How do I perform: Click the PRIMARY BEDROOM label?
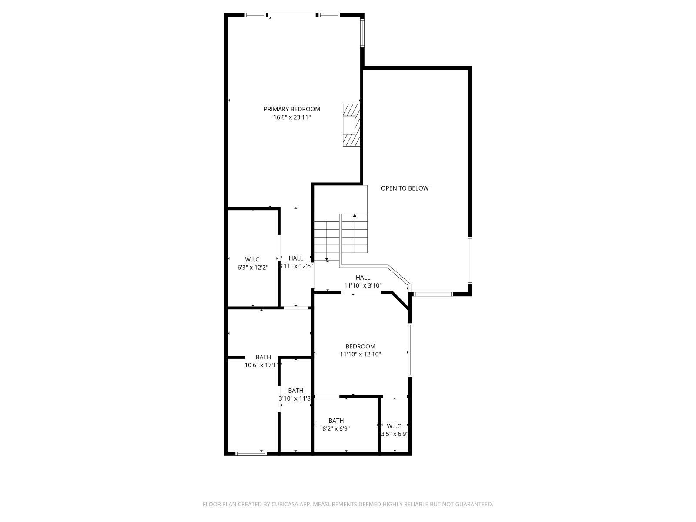(x=292, y=109)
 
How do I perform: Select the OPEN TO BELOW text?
(x=405, y=188)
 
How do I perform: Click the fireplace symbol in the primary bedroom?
(x=351, y=125)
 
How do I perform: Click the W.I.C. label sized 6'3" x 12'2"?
(x=253, y=259)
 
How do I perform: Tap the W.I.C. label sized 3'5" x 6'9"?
(x=395, y=426)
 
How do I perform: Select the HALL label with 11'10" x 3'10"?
(x=363, y=278)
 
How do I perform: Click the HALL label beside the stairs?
(x=296, y=258)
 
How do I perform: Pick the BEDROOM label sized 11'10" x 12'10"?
(x=360, y=347)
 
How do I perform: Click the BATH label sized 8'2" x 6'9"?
(x=336, y=421)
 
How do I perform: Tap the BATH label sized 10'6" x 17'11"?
(x=263, y=358)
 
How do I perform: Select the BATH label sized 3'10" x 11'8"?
(x=296, y=391)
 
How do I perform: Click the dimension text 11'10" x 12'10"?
(x=360, y=355)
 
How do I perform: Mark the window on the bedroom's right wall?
(x=410, y=349)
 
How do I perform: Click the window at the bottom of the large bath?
(x=251, y=454)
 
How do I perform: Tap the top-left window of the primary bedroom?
(x=255, y=15)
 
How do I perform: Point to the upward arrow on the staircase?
(x=355, y=215)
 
